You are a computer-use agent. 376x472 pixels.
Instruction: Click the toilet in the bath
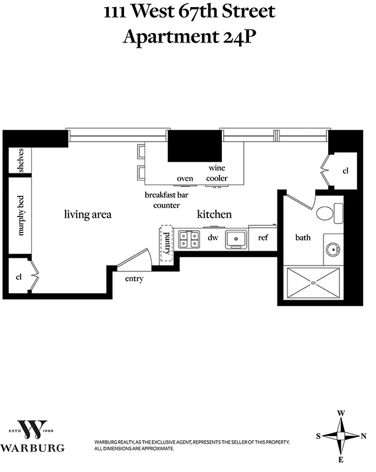(x=328, y=212)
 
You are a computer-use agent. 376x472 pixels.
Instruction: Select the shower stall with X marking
(x=313, y=283)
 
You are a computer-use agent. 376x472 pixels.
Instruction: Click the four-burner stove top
(x=189, y=238)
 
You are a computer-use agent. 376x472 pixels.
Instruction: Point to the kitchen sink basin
(x=237, y=238)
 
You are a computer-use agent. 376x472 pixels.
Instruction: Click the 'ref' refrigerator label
(x=263, y=238)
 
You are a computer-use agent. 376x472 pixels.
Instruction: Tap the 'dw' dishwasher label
(x=212, y=238)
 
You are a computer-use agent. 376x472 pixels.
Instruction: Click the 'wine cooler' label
(x=217, y=173)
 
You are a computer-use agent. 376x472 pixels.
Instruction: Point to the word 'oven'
(x=185, y=179)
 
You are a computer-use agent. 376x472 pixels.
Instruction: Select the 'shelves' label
(x=20, y=160)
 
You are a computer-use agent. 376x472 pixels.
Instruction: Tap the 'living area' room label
(x=87, y=215)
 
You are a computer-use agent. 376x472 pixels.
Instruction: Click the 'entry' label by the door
(x=134, y=278)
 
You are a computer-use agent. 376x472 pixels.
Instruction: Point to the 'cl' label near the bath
(x=346, y=171)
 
